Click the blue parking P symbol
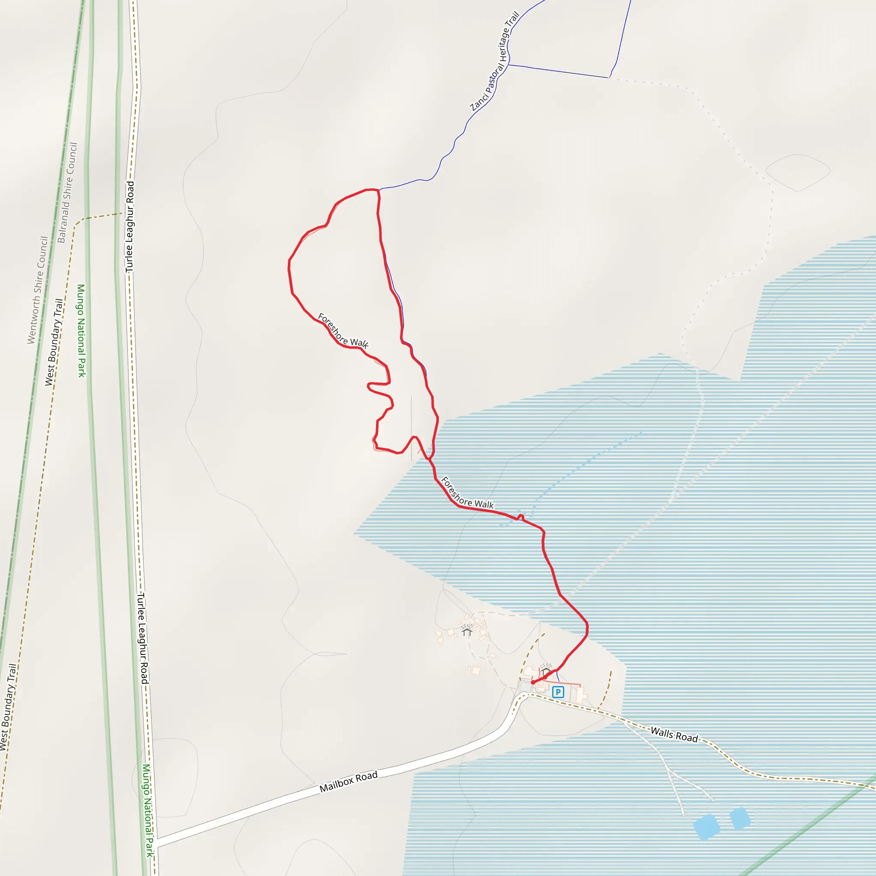(558, 693)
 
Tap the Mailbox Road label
(348, 782)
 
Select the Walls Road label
(674, 734)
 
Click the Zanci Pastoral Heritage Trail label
(495, 62)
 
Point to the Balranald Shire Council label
(68, 193)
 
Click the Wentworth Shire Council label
(38, 290)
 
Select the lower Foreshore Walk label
(467, 493)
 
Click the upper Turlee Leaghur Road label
(130, 227)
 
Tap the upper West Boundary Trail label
(53, 342)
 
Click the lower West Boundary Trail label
(8, 707)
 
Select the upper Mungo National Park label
(81, 331)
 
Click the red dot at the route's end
(533, 682)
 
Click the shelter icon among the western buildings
(467, 630)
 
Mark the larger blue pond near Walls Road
(707, 826)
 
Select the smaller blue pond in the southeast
(740, 818)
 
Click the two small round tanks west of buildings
(439, 636)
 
